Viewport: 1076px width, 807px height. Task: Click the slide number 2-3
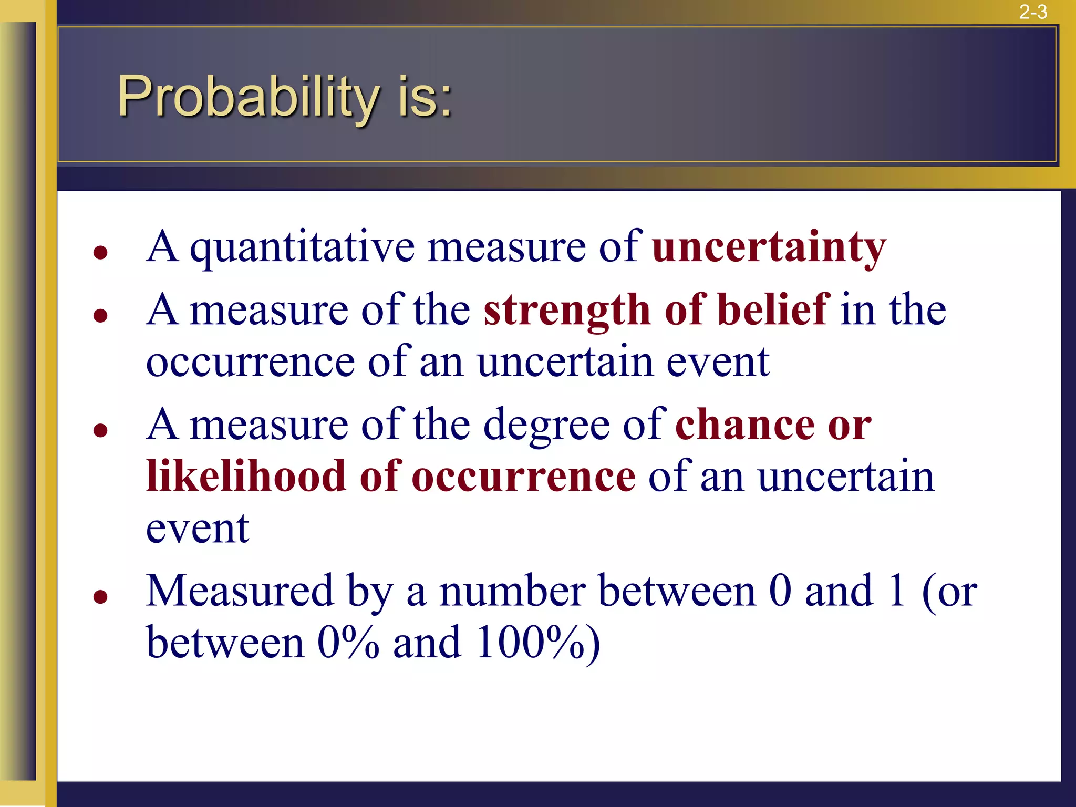pos(1033,12)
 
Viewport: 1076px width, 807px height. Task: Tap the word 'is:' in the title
pos(425,97)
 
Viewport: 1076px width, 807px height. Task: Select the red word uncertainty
pos(769,247)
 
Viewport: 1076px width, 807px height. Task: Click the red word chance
pos(744,425)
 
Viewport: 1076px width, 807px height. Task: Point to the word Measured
pos(240,591)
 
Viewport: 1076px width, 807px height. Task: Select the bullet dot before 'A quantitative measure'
pos(100,253)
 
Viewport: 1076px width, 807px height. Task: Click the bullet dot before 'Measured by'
pos(100,597)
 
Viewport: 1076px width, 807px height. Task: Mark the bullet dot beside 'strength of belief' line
pos(100,315)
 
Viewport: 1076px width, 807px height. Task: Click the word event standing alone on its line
pos(197,529)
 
